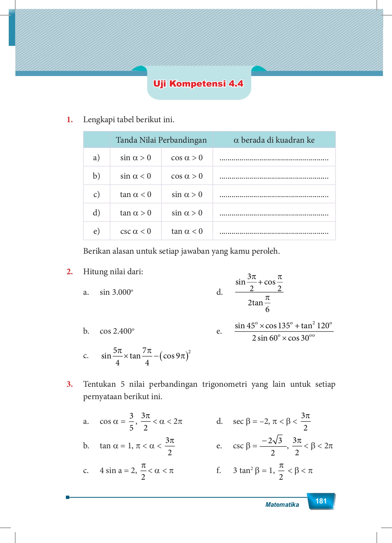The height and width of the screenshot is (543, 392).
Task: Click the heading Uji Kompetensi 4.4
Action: point(198,84)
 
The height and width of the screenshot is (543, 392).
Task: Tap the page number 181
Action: point(321,501)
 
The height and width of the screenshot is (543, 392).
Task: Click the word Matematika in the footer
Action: point(282,505)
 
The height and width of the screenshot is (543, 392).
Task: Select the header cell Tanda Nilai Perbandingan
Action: point(161,140)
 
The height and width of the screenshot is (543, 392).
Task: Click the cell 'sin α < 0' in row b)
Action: point(135,176)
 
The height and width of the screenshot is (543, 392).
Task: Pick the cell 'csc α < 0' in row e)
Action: point(135,231)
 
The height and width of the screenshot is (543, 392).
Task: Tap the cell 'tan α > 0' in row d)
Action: point(135,213)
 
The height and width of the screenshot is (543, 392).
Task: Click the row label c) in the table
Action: point(96,195)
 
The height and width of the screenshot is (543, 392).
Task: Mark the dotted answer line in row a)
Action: point(274,159)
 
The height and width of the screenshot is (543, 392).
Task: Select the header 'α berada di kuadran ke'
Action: point(274,140)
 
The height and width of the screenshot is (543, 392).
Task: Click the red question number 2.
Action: point(70,272)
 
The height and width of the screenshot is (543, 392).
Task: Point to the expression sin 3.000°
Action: point(116,292)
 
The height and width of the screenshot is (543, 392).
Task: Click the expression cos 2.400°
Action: point(117,331)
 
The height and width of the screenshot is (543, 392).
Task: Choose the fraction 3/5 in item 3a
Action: point(131,422)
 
